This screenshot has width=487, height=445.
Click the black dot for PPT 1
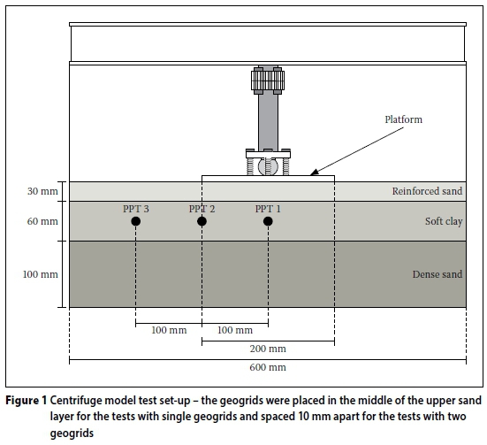click(x=268, y=221)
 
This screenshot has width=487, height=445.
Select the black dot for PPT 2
click(x=202, y=221)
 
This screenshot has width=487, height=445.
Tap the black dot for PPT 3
click(x=136, y=221)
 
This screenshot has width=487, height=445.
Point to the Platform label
click(x=403, y=119)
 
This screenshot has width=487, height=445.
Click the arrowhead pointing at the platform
click(x=315, y=173)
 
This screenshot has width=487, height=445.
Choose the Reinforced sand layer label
click(x=427, y=191)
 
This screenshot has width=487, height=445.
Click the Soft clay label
click(x=444, y=221)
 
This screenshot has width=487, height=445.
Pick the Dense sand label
click(x=438, y=274)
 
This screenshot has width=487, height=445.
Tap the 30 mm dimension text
click(x=42, y=191)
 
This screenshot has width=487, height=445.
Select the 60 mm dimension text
click(x=42, y=221)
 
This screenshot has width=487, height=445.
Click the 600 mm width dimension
click(x=268, y=367)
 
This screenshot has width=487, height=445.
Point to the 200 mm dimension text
click(x=268, y=349)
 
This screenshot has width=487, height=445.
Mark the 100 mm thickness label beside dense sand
click(x=41, y=274)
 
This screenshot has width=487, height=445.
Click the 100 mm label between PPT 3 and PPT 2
click(x=169, y=330)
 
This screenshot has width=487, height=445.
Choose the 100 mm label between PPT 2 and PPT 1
click(x=235, y=330)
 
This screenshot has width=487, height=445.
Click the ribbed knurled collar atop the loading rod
click(x=268, y=81)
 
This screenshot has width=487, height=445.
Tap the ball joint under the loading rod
click(x=268, y=166)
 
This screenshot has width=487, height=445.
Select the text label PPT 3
click(x=136, y=209)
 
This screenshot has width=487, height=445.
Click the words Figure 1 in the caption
click(x=27, y=401)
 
